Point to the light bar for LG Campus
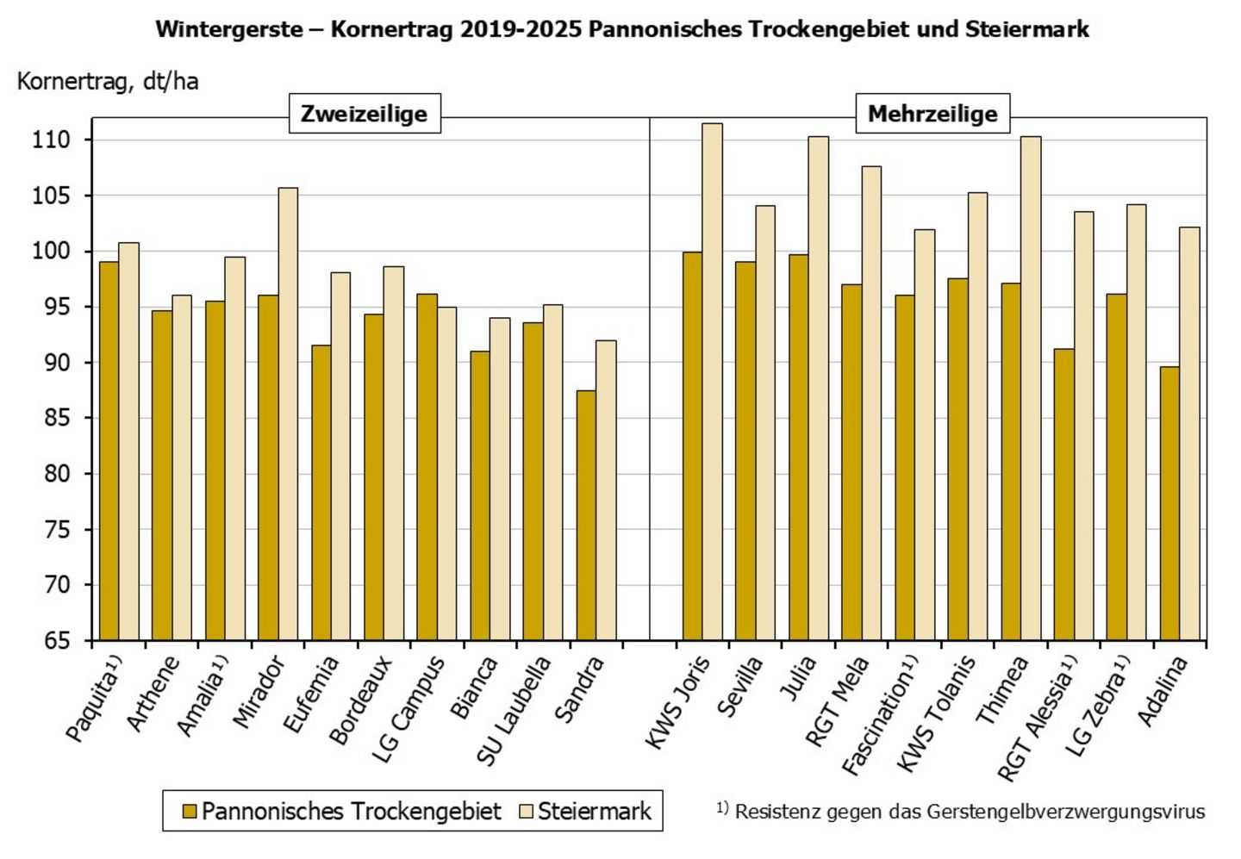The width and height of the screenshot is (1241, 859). pyautogui.click(x=446, y=473)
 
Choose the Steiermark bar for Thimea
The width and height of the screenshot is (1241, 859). pyautogui.click(x=1031, y=388)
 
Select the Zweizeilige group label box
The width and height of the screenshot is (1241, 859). pyautogui.click(x=364, y=114)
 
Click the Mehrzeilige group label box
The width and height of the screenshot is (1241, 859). pyautogui.click(x=932, y=114)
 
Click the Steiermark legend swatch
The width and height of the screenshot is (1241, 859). pyautogui.click(x=527, y=812)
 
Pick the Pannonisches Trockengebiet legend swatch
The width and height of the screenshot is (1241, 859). pyautogui.click(x=190, y=812)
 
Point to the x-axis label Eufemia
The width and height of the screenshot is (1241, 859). pyautogui.click(x=312, y=694)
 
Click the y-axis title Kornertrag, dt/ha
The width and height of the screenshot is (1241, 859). pyautogui.click(x=108, y=81)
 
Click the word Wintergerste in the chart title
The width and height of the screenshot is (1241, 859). pyautogui.click(x=229, y=29)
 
